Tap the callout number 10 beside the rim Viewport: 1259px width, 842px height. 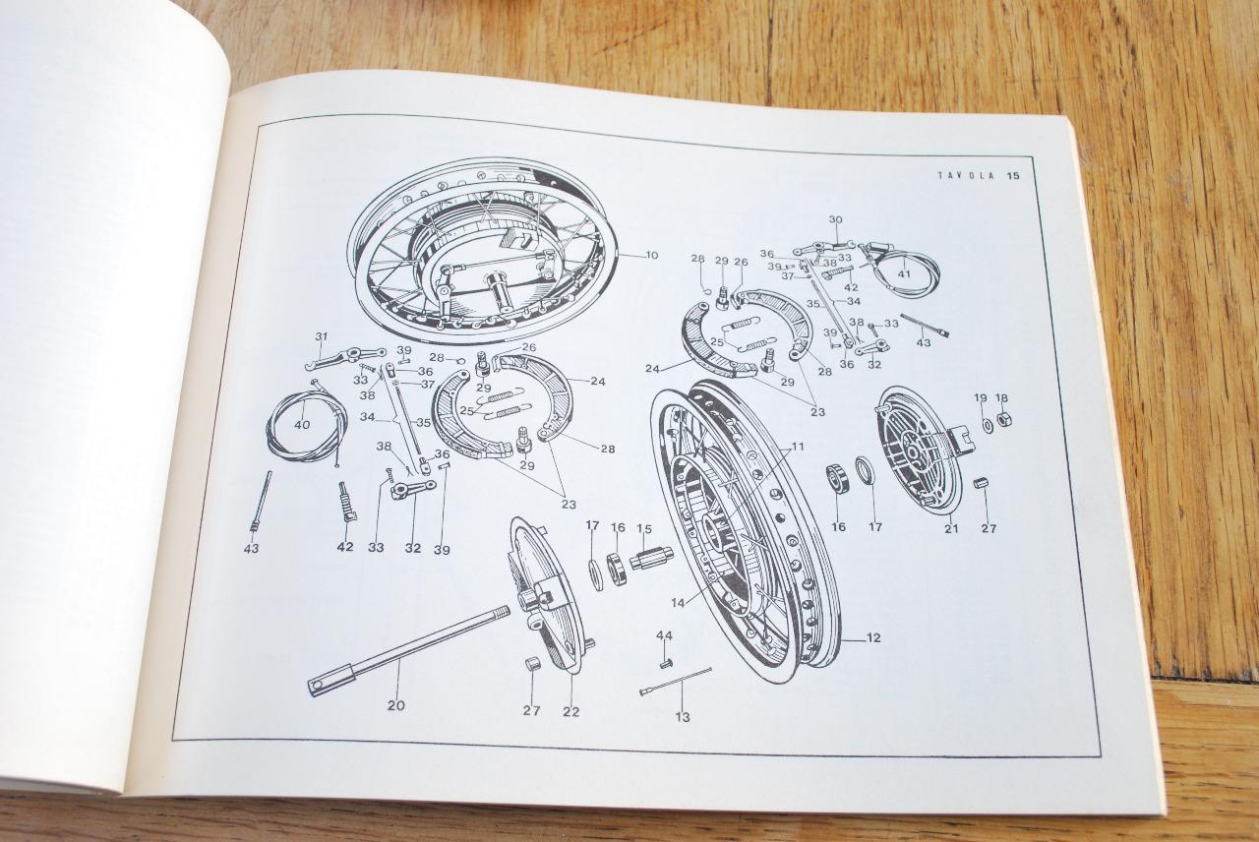click(x=651, y=256)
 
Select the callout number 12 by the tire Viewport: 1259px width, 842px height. click(x=873, y=638)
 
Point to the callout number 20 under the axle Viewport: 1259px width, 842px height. click(x=395, y=704)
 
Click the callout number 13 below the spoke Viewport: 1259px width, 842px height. click(x=682, y=717)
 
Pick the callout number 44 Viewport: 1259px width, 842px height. click(x=665, y=635)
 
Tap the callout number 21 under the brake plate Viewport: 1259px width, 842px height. click(x=950, y=529)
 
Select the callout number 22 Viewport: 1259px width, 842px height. click(x=570, y=711)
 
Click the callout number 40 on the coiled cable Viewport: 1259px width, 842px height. click(x=301, y=425)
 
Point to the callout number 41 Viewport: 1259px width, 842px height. click(x=904, y=273)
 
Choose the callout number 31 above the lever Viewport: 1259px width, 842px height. click(x=321, y=337)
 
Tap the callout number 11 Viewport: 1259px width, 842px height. click(x=797, y=447)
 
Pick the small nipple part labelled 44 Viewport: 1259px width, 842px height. click(x=666, y=662)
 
